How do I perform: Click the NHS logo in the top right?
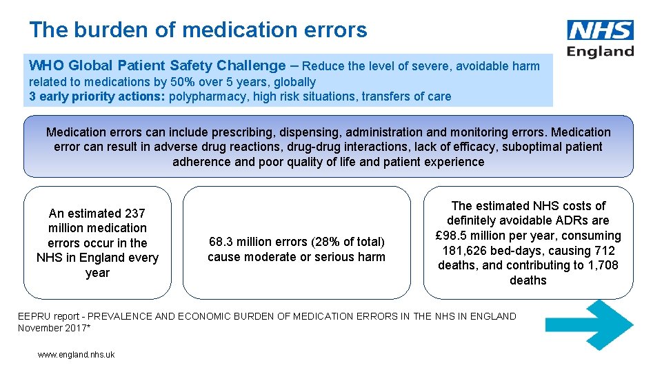(x=600, y=30)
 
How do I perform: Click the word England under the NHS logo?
(x=600, y=51)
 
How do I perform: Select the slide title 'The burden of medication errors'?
(x=198, y=30)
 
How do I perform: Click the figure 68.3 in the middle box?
(x=222, y=242)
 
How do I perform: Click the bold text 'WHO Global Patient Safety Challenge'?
(x=157, y=66)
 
